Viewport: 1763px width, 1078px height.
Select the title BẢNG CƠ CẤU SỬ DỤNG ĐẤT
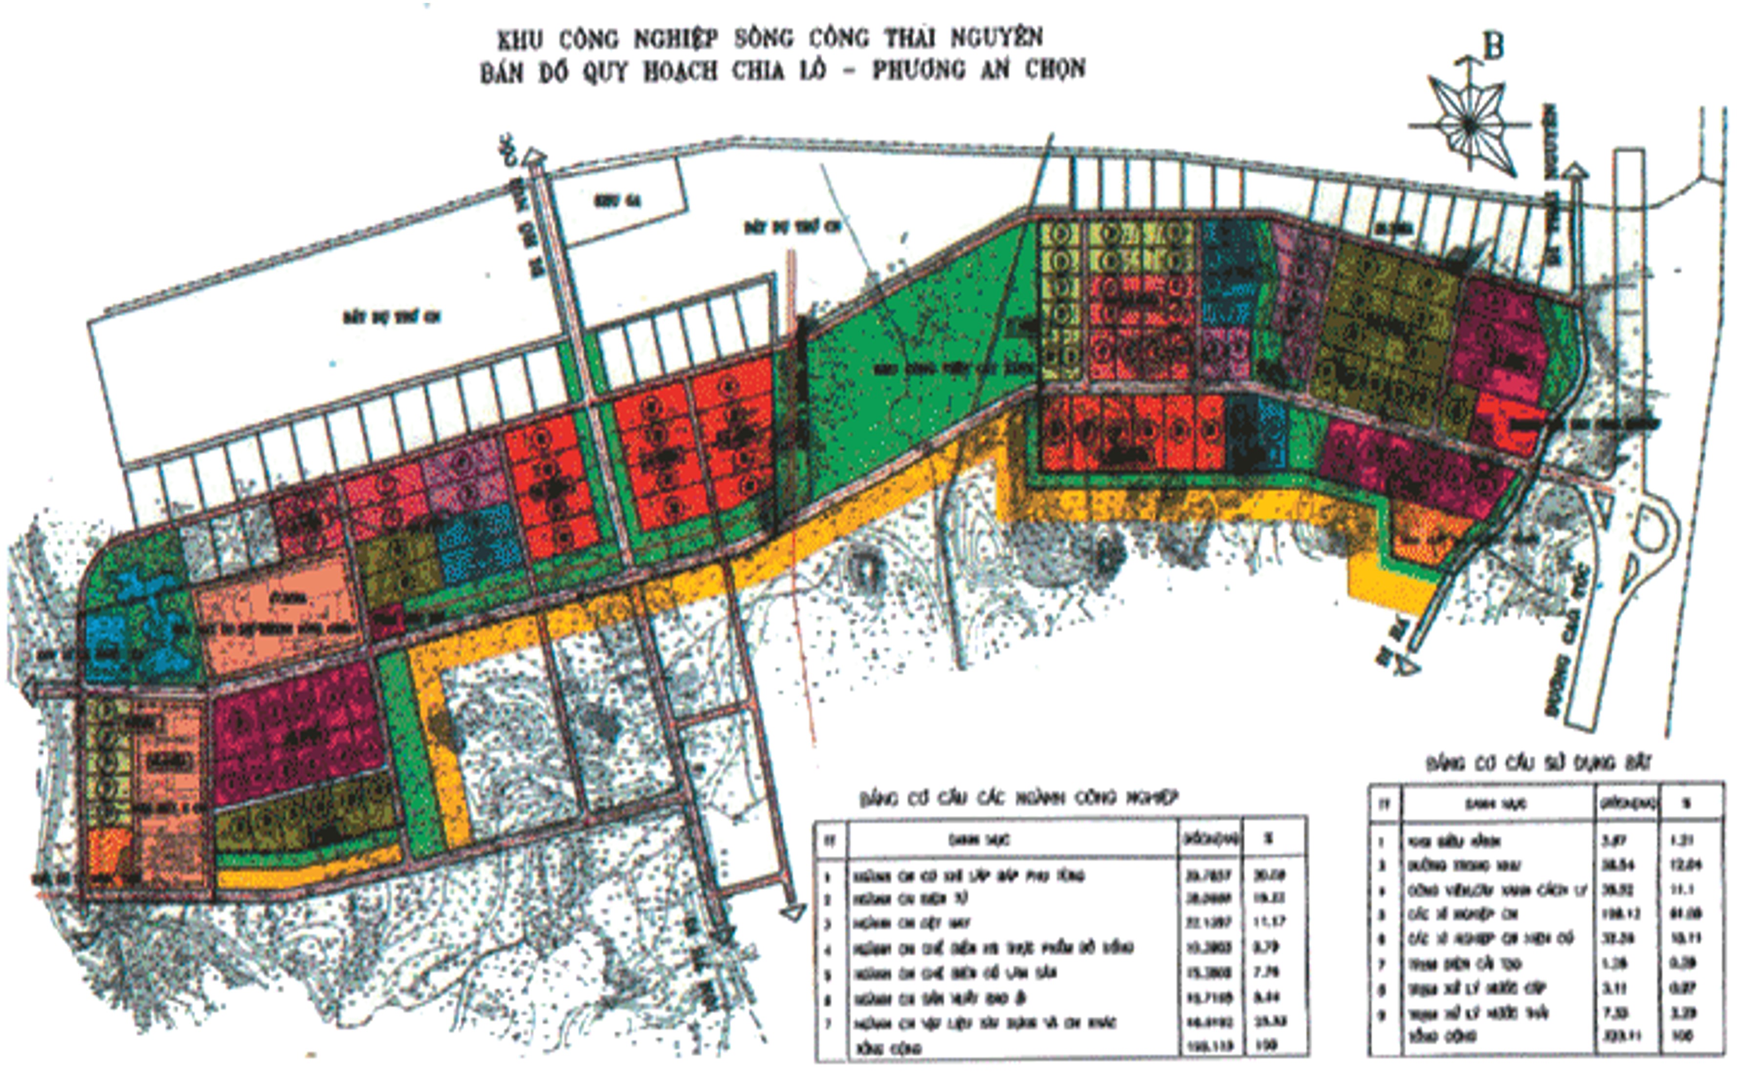(x=1538, y=763)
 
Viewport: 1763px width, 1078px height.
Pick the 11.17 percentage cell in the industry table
(x=1271, y=922)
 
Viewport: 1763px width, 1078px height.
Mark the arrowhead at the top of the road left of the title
(x=534, y=156)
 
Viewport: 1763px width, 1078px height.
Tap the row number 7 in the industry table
(x=829, y=1023)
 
